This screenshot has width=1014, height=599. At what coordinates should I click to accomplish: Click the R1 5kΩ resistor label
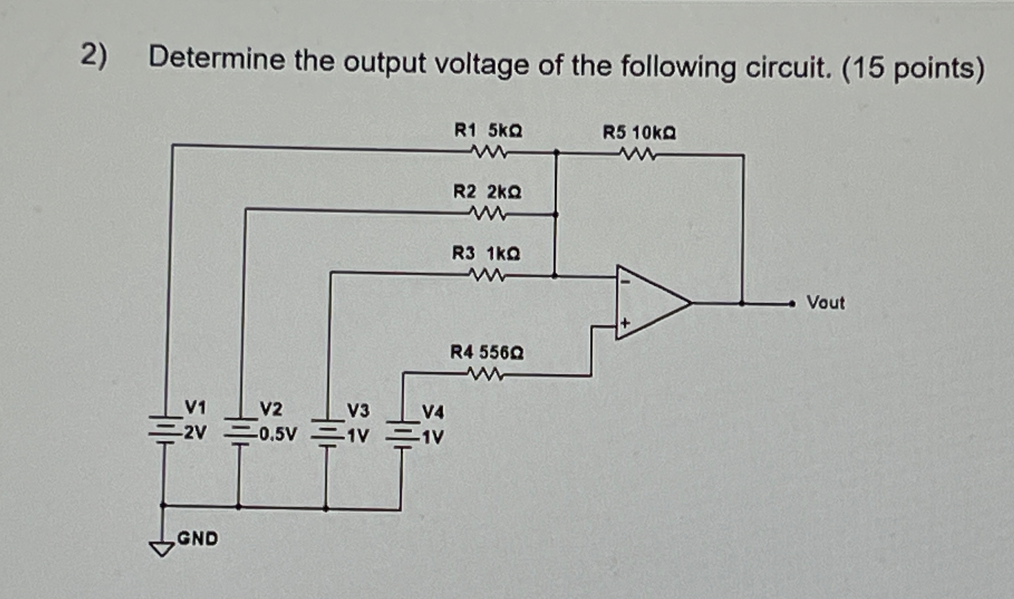tap(488, 131)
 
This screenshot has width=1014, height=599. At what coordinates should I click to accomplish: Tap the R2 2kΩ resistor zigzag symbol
tap(487, 214)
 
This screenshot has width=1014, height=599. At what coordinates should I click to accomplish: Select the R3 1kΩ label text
tap(486, 253)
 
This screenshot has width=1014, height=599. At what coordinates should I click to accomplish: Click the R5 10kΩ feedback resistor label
tap(639, 133)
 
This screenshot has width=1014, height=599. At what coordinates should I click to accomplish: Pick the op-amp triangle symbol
tap(652, 303)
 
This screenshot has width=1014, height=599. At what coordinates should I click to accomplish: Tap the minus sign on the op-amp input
tap(626, 282)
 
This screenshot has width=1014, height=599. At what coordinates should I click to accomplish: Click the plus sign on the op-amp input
tap(625, 323)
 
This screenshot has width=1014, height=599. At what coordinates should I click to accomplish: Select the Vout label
tap(825, 303)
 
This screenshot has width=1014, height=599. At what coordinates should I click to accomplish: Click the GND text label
tap(197, 539)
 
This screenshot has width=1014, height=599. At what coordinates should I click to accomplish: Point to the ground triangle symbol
tap(162, 548)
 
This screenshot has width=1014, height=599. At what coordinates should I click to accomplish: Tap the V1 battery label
tap(195, 408)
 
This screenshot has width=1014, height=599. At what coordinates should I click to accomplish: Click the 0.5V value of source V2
tap(278, 434)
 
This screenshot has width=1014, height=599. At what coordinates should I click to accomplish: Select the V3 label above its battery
tap(358, 411)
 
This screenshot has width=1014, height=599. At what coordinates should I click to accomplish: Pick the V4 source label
tap(433, 412)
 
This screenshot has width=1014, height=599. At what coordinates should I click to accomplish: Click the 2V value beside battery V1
tap(195, 433)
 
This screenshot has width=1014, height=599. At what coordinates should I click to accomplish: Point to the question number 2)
tap(94, 56)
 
